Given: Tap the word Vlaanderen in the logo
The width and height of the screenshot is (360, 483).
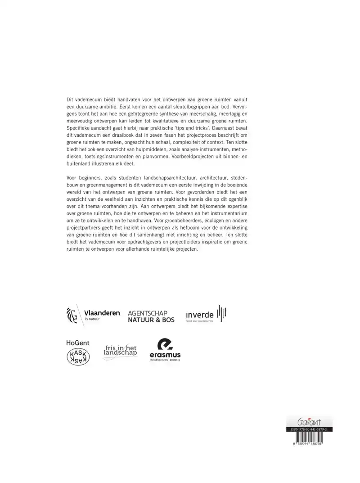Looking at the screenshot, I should [x=102, y=313].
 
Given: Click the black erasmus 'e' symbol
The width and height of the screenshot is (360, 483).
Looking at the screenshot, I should [x=165, y=345].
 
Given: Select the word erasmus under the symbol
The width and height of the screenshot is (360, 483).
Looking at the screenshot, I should [x=165, y=356].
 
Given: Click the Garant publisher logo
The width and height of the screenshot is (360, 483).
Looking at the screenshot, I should [x=309, y=422].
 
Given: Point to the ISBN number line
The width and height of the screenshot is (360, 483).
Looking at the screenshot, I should [x=309, y=430].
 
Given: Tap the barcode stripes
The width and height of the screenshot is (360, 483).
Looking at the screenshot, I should [x=309, y=438].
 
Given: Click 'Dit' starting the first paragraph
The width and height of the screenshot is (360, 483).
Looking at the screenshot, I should [x=70, y=99].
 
